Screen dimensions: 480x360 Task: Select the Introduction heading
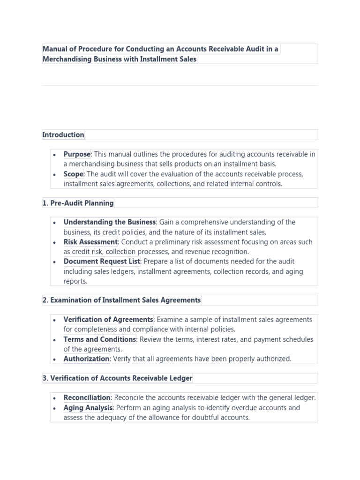[x=63, y=135]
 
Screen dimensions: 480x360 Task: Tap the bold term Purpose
[x=77, y=154]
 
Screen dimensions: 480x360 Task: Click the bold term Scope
[x=74, y=174]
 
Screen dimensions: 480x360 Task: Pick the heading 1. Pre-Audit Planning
[x=78, y=203]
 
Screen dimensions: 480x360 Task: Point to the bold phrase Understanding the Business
[x=109, y=222]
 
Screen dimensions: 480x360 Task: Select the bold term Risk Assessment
[x=90, y=242]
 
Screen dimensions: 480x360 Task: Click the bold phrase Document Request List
[x=102, y=262]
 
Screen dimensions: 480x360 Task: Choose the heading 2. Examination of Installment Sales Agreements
[x=121, y=300]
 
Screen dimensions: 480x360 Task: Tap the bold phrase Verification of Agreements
[x=108, y=320]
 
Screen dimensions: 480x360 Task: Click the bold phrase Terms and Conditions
[x=99, y=339]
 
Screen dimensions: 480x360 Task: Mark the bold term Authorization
[x=86, y=359]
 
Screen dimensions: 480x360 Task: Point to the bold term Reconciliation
[x=87, y=398]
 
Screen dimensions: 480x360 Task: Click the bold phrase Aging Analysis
[x=88, y=408]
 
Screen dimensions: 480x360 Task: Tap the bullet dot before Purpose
[x=55, y=155]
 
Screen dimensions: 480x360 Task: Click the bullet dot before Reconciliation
[x=55, y=398]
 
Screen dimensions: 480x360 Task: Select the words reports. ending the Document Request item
[x=75, y=281]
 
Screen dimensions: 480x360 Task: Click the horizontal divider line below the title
[x=180, y=86]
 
